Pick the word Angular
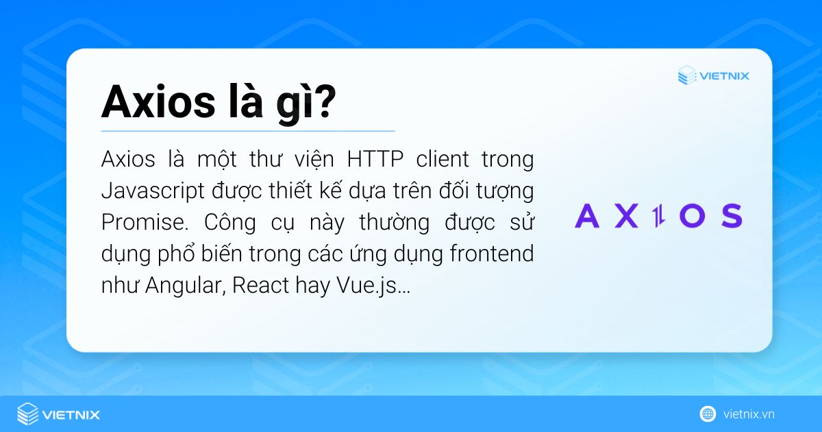pyautogui.click(x=183, y=286)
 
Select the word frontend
pyautogui.click(x=492, y=254)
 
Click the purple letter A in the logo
pyautogui.click(x=587, y=215)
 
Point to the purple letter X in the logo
pyautogui.click(x=625, y=215)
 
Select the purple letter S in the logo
pyautogui.click(x=730, y=215)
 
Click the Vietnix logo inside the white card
pyautogui.click(x=713, y=75)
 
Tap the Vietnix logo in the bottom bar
pyautogui.click(x=59, y=414)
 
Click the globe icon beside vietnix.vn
pyautogui.click(x=708, y=413)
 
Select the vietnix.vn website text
pyautogui.click(x=749, y=414)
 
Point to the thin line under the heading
pyautogui.click(x=248, y=130)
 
